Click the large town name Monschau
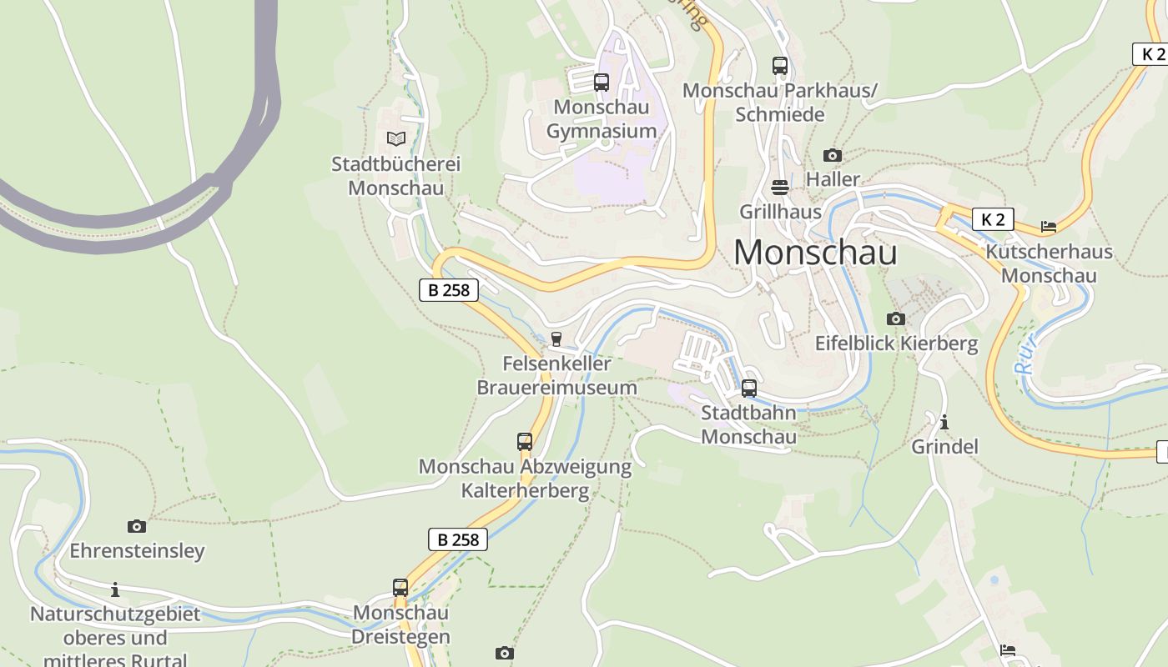(815, 252)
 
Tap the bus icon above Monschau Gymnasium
(601, 83)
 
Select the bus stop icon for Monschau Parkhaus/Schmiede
(779, 65)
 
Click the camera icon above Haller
(832, 155)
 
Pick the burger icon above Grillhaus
(780, 187)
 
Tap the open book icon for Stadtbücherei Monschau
(395, 138)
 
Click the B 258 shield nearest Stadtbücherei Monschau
(449, 290)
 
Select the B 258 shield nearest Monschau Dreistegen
(458, 539)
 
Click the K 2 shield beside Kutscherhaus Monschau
(992, 220)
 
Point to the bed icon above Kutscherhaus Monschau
(1049, 227)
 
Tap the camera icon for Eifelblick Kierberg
(895, 318)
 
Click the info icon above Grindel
(944, 422)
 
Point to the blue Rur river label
(1025, 354)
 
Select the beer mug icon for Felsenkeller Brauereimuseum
(556, 339)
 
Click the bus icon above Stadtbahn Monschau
(748, 388)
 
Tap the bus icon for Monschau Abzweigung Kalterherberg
(524, 442)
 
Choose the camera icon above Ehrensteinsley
(136, 526)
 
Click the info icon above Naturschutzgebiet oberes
(115, 589)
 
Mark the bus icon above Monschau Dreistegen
(400, 588)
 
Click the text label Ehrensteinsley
(137, 551)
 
